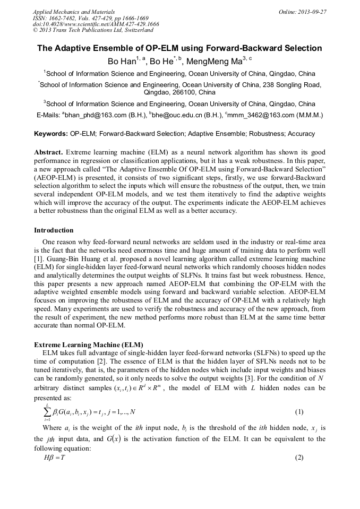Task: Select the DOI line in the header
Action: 96,24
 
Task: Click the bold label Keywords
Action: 51,134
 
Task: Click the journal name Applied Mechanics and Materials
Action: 74,12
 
